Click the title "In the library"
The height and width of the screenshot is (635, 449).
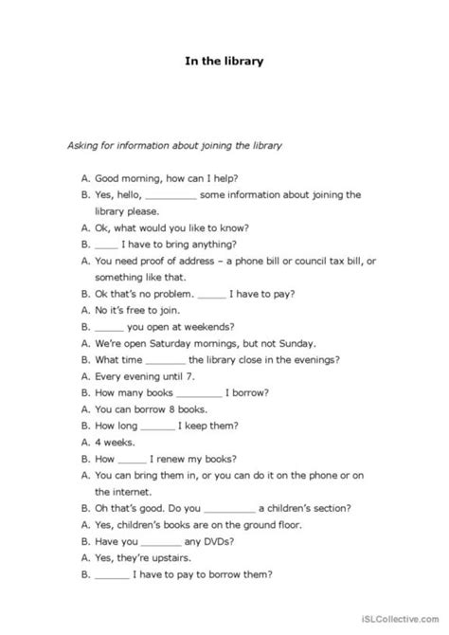tap(224, 63)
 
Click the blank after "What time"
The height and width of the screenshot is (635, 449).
tap(167, 360)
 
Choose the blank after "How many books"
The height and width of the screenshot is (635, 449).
tap(198, 393)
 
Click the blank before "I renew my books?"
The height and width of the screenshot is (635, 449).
tap(133, 459)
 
